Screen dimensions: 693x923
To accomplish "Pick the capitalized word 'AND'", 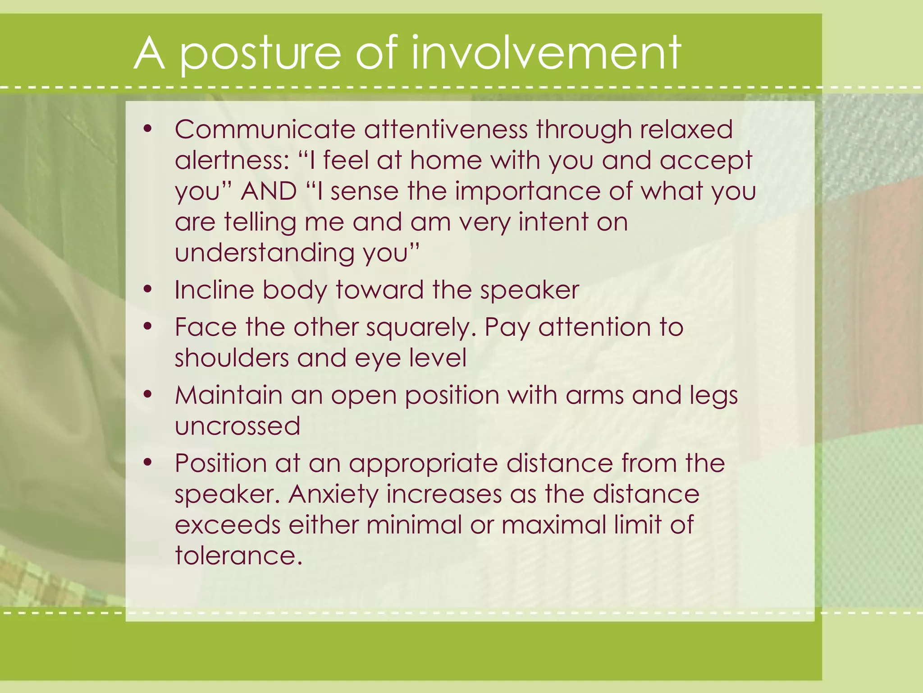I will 269,191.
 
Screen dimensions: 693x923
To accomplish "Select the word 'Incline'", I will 214,290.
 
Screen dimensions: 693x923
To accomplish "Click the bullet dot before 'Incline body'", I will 147,289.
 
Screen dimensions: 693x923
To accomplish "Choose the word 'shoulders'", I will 232,358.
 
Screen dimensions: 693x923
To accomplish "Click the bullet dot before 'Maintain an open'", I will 147,394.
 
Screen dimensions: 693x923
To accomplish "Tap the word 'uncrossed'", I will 238,426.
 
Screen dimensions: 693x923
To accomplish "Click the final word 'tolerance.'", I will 238,555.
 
